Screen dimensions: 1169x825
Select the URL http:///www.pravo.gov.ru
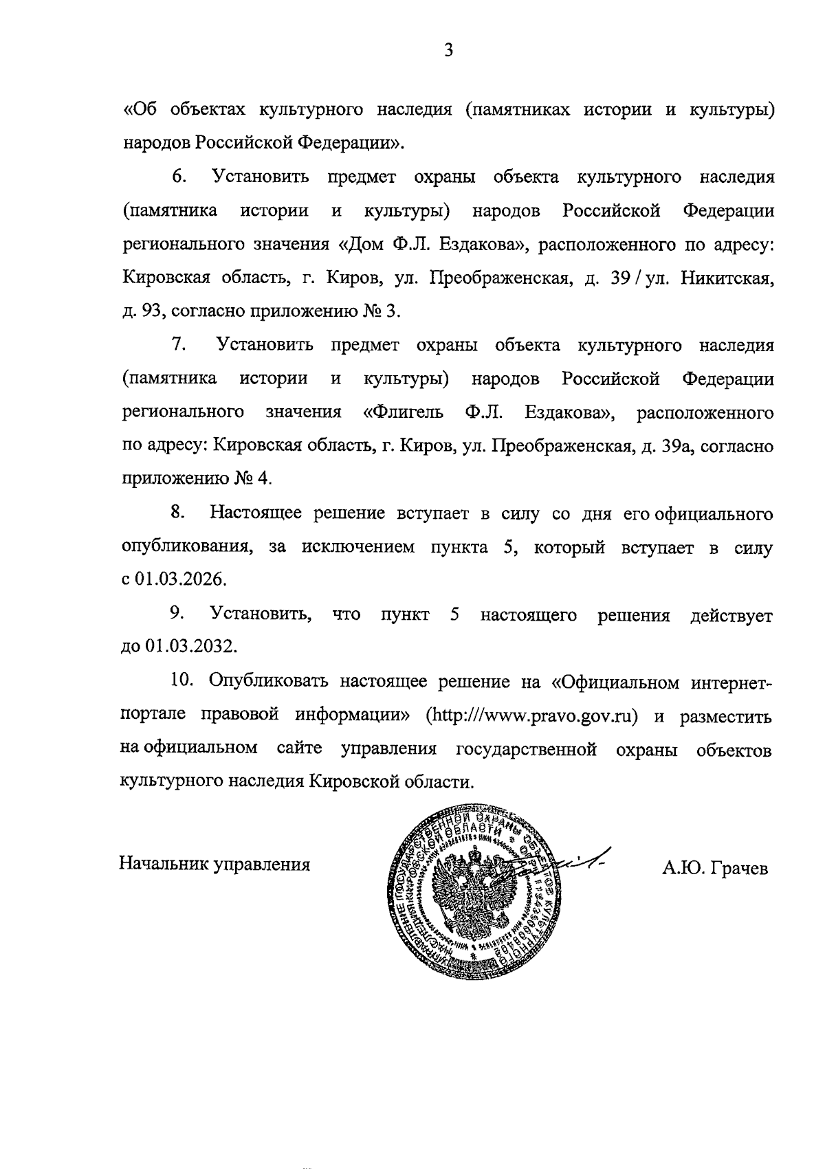point(533,715)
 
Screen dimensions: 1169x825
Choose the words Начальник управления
point(214,864)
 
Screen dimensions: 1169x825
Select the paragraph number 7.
point(179,344)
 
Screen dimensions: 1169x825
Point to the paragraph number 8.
point(178,513)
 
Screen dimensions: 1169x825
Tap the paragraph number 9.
point(177,613)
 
